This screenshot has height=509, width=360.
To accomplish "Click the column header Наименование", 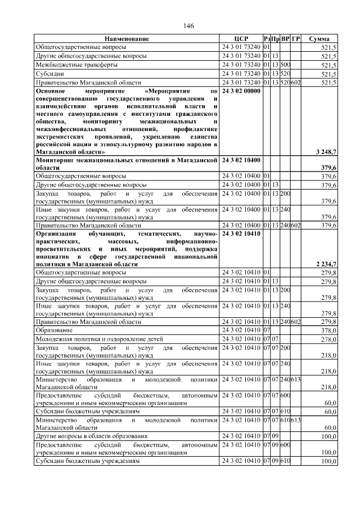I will pyautogui.click(x=127, y=39).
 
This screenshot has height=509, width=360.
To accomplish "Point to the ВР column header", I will pyautogui.click(x=285, y=39).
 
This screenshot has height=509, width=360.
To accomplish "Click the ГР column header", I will pyautogui.click(x=296, y=39).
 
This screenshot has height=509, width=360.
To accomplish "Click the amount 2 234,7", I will pyautogui.click(x=324, y=264).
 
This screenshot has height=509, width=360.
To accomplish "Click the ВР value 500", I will pyautogui.click(x=285, y=65).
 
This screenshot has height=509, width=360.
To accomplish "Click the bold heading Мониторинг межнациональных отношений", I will pyautogui.click(x=126, y=161).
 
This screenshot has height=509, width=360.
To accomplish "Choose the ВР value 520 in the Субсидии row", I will pyautogui.click(x=285, y=74).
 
